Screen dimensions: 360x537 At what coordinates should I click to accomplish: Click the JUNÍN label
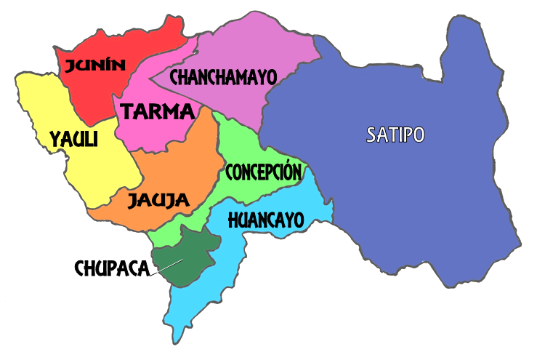coord(94,66)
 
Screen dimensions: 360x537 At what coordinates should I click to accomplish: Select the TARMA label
coord(158,112)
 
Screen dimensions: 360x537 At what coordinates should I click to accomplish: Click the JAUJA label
coord(158,200)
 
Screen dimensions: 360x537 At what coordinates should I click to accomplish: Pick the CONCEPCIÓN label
coord(262,172)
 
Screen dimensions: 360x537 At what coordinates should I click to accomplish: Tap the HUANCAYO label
coord(265,220)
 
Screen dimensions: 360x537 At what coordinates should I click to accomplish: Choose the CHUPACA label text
coord(111,268)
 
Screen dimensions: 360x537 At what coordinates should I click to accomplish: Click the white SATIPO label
coord(395,135)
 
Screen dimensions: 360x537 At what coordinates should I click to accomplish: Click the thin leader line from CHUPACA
coord(166,267)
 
